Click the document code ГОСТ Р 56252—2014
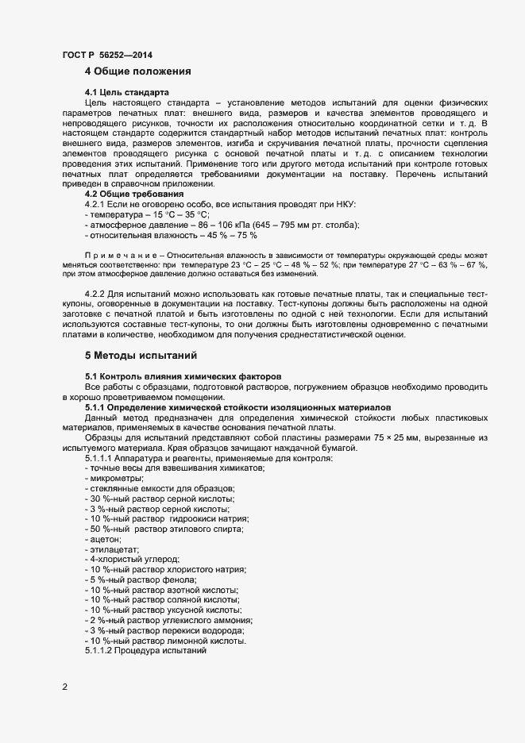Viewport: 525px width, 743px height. (106, 55)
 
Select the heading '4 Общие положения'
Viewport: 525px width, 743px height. (138, 71)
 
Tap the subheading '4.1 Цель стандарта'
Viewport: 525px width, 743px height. (127, 92)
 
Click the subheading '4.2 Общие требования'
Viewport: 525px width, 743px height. (134, 194)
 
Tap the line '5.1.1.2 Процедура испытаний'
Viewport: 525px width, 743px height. (145, 651)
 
